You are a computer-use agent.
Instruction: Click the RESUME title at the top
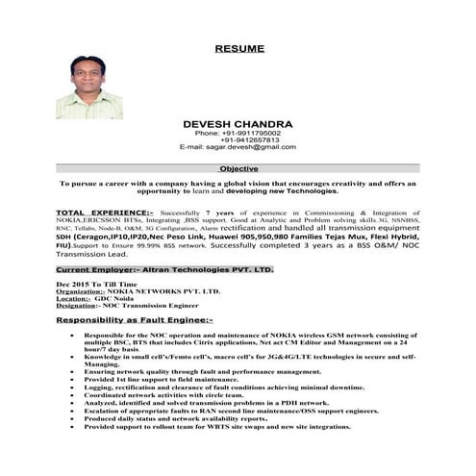point(239,47)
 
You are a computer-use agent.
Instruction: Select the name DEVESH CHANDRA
point(238,124)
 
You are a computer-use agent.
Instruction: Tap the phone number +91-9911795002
point(239,133)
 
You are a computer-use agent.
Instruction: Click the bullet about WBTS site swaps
point(217,426)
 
